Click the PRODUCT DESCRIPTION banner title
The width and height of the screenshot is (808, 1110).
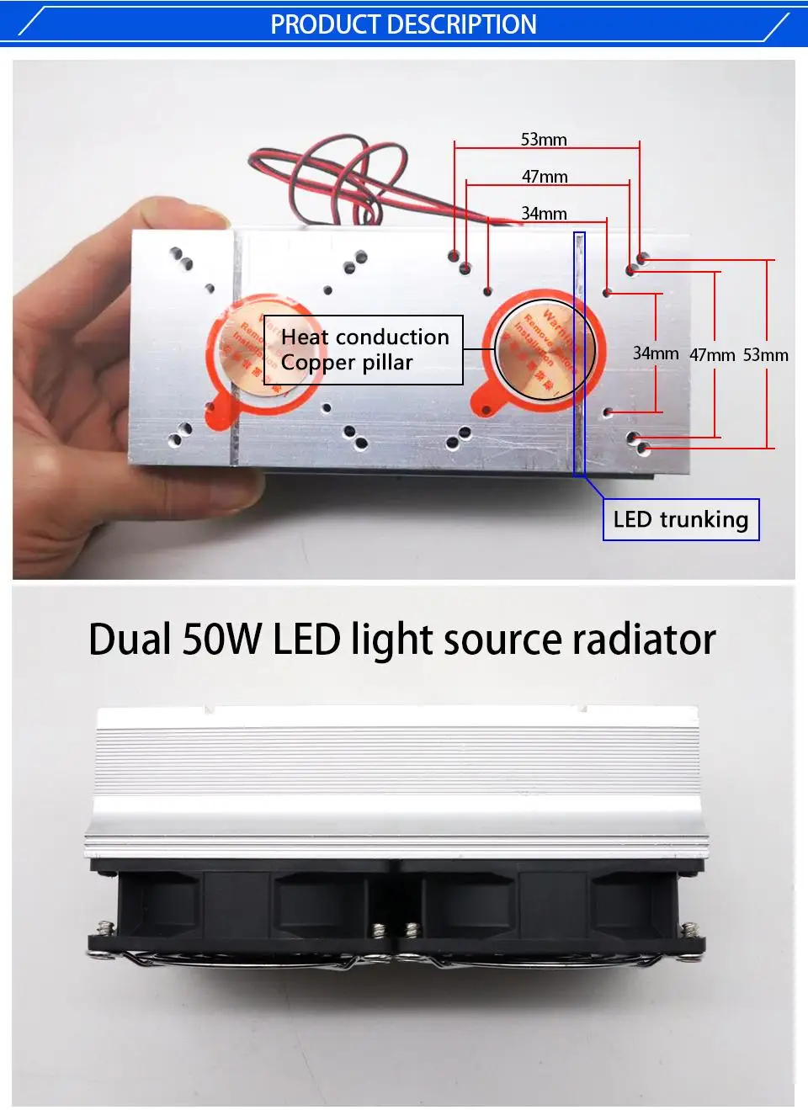coord(403,24)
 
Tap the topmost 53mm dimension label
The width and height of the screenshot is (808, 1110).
coord(544,140)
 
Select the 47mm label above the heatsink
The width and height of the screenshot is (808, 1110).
coord(545,177)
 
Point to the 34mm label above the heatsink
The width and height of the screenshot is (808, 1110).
coord(544,214)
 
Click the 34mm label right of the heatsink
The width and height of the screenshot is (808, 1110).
coord(656,353)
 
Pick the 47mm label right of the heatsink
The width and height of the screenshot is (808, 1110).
coord(712,355)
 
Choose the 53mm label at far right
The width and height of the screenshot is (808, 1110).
coord(765,355)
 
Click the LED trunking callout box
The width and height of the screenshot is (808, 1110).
coord(681,519)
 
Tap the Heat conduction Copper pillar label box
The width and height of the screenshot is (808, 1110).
coord(364,350)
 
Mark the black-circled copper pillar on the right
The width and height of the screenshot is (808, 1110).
coord(545,350)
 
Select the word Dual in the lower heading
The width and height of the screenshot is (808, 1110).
coord(130,640)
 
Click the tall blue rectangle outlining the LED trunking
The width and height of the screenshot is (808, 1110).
coord(579,353)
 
